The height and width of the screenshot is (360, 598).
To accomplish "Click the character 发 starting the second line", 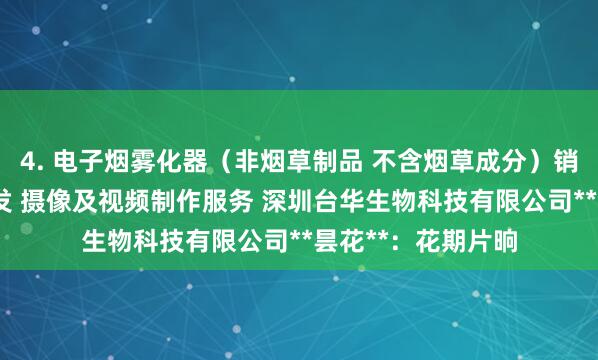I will click(x=9, y=201).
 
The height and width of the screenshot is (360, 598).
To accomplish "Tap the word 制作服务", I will click(x=183, y=201).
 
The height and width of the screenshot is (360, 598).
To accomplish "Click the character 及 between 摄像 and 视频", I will click(x=84, y=201).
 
